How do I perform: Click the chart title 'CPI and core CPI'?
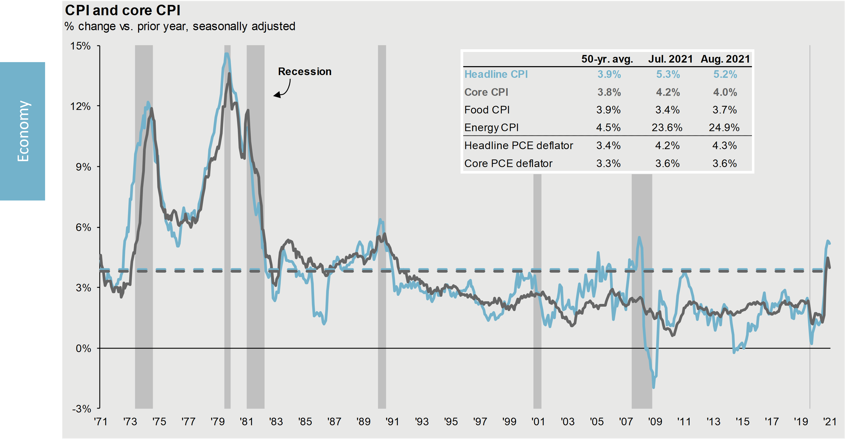pos(123,10)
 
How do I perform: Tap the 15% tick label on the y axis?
pos(80,46)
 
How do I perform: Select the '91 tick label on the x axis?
pos(392,422)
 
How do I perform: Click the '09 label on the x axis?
pos(655,422)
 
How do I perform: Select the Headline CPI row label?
pos(496,74)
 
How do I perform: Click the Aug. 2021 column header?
pos(725,59)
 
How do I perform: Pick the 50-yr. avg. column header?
pos(607,59)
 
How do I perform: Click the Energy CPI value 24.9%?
pos(724,128)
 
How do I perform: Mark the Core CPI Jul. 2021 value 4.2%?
pos(668,92)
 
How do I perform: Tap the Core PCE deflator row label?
pos(508,163)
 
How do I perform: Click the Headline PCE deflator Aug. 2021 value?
pos(724,145)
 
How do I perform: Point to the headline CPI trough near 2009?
pos(653,387)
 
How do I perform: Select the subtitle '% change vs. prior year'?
pos(180,26)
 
